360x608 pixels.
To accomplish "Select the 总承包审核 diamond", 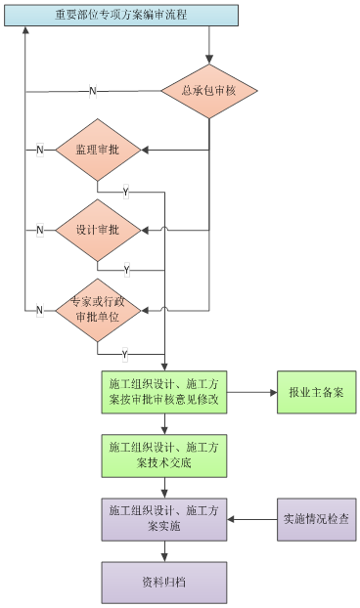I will (208, 91).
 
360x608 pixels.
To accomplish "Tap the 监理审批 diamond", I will (98, 150).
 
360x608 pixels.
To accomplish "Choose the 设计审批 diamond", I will (98, 230).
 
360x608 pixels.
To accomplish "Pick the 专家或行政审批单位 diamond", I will (98, 310).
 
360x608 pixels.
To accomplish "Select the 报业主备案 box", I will (316, 392).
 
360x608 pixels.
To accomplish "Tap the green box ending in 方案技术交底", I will (163, 454).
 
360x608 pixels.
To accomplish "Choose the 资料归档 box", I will (163, 582).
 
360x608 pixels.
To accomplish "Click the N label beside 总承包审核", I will (93, 91).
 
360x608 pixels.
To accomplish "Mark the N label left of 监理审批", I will (40, 150).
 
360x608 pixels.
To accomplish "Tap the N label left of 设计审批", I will (40, 230).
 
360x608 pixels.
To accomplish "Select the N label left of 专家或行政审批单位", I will (40, 310).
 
